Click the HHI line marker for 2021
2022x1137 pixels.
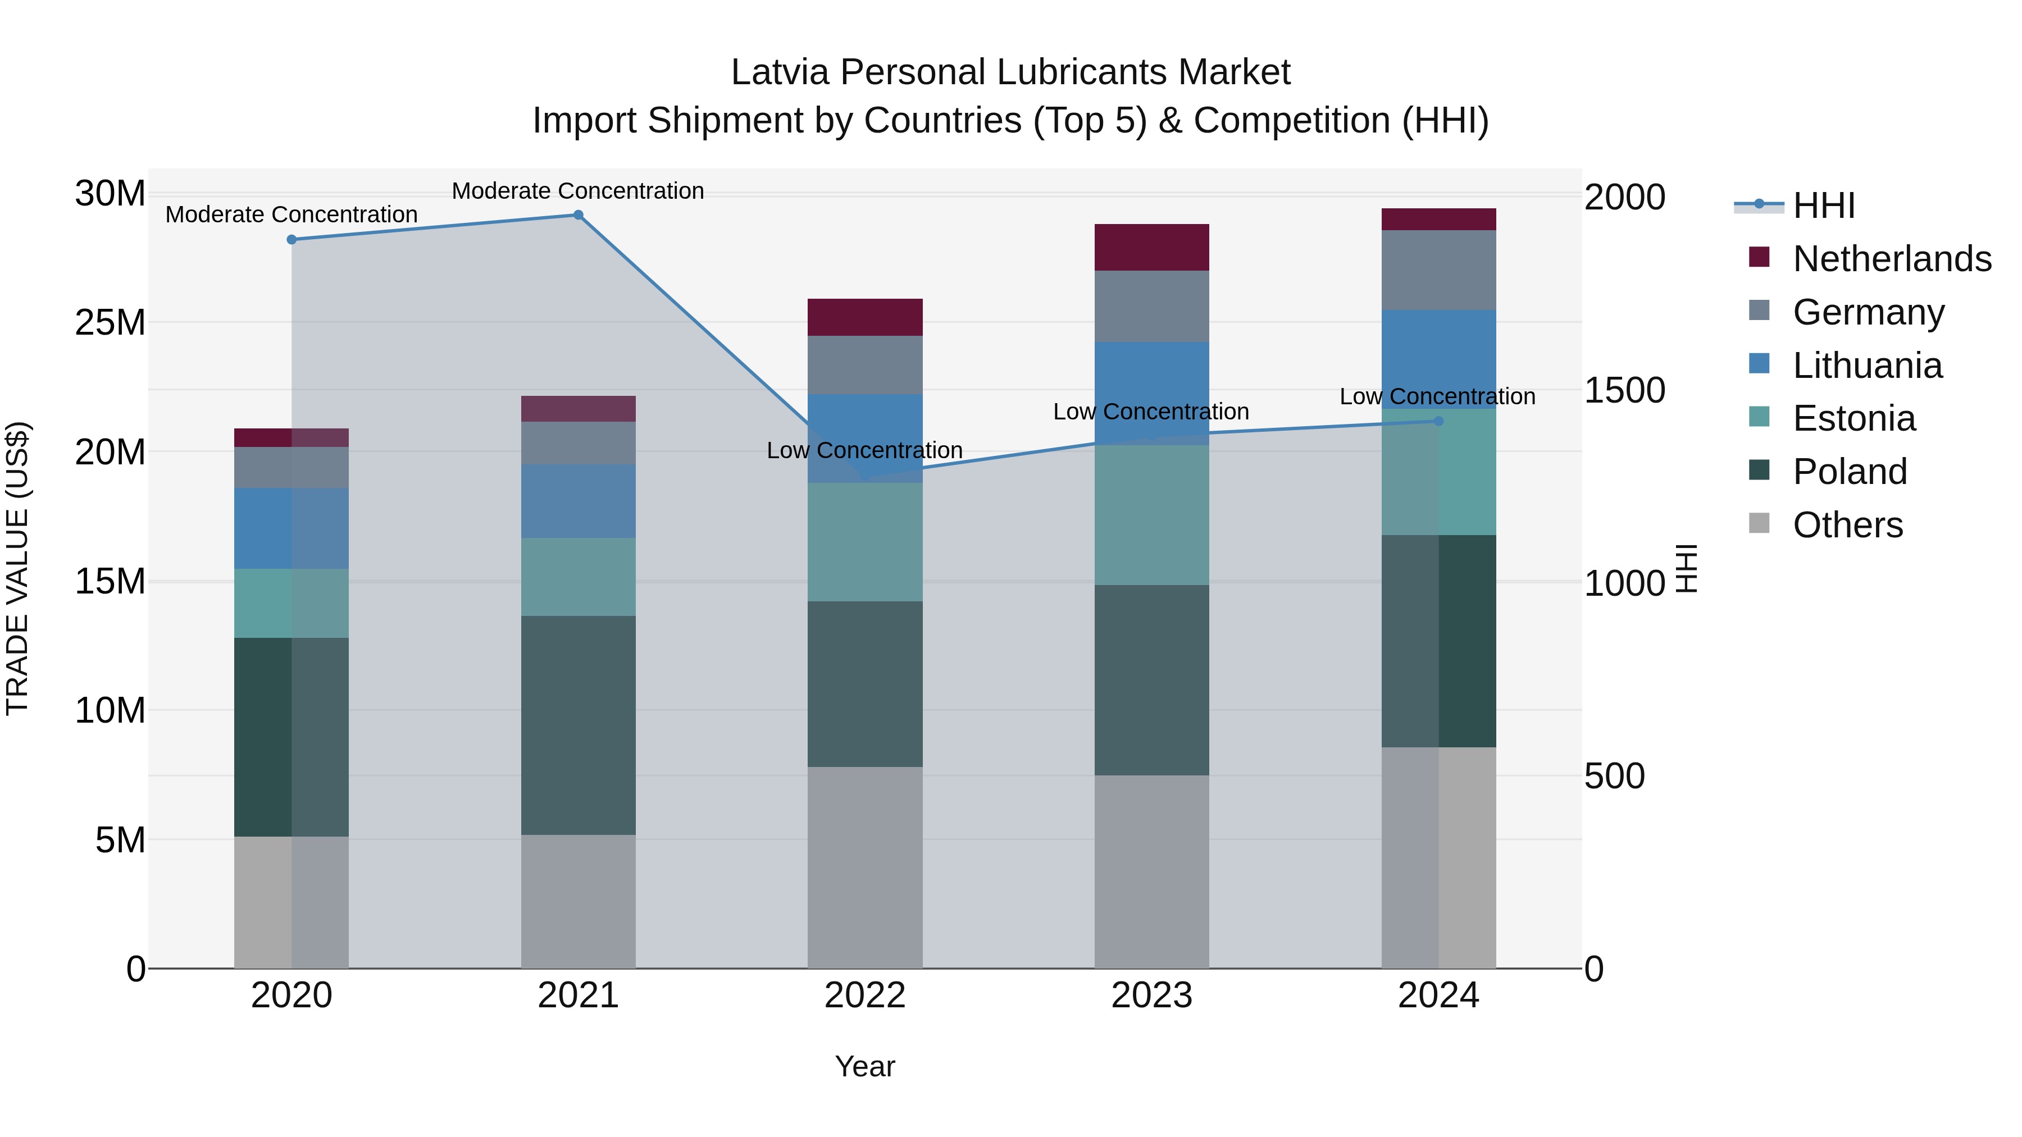578,215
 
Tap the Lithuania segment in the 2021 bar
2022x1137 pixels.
578,501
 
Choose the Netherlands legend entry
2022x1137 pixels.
1892,259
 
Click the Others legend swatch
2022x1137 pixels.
1759,523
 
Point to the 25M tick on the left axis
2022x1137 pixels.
110,322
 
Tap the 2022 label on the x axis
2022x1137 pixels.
865,996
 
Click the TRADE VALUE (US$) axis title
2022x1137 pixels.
17,568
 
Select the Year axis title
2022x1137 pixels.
865,1066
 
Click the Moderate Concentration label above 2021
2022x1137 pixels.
578,191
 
